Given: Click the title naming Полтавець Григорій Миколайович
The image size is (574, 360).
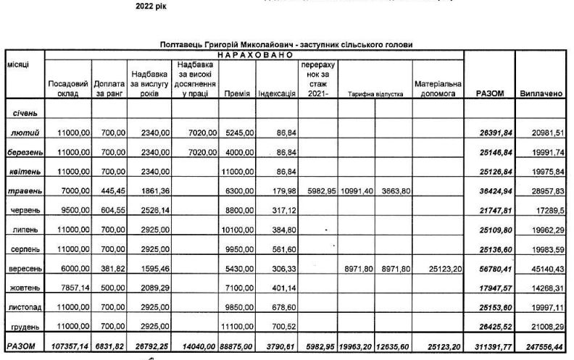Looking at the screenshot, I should [286, 45].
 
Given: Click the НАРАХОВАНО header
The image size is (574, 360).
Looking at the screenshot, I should [254, 54].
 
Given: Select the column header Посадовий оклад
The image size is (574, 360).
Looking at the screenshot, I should [67, 89].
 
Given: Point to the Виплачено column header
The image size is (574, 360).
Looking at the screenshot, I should [542, 94].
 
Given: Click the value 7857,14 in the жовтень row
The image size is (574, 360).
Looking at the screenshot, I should [70, 288].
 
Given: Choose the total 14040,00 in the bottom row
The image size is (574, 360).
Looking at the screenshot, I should [196, 347].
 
